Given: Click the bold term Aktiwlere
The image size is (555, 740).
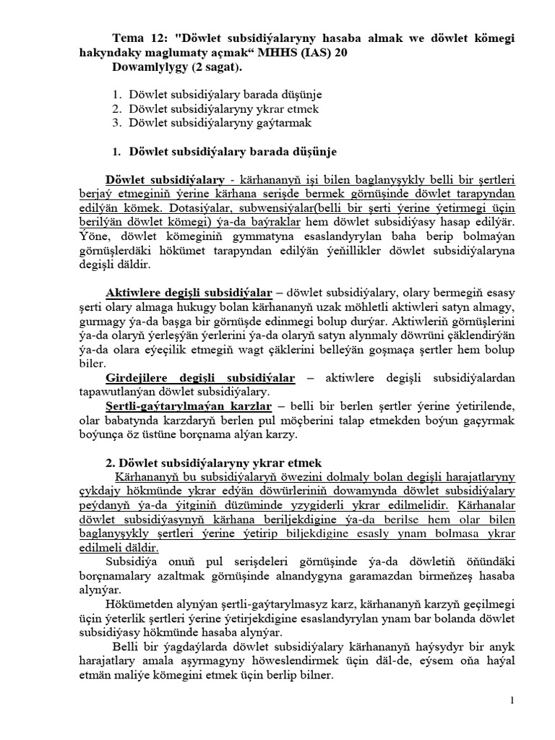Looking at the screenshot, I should [x=134, y=293].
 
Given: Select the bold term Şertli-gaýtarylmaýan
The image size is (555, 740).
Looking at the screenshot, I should [x=163, y=406].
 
